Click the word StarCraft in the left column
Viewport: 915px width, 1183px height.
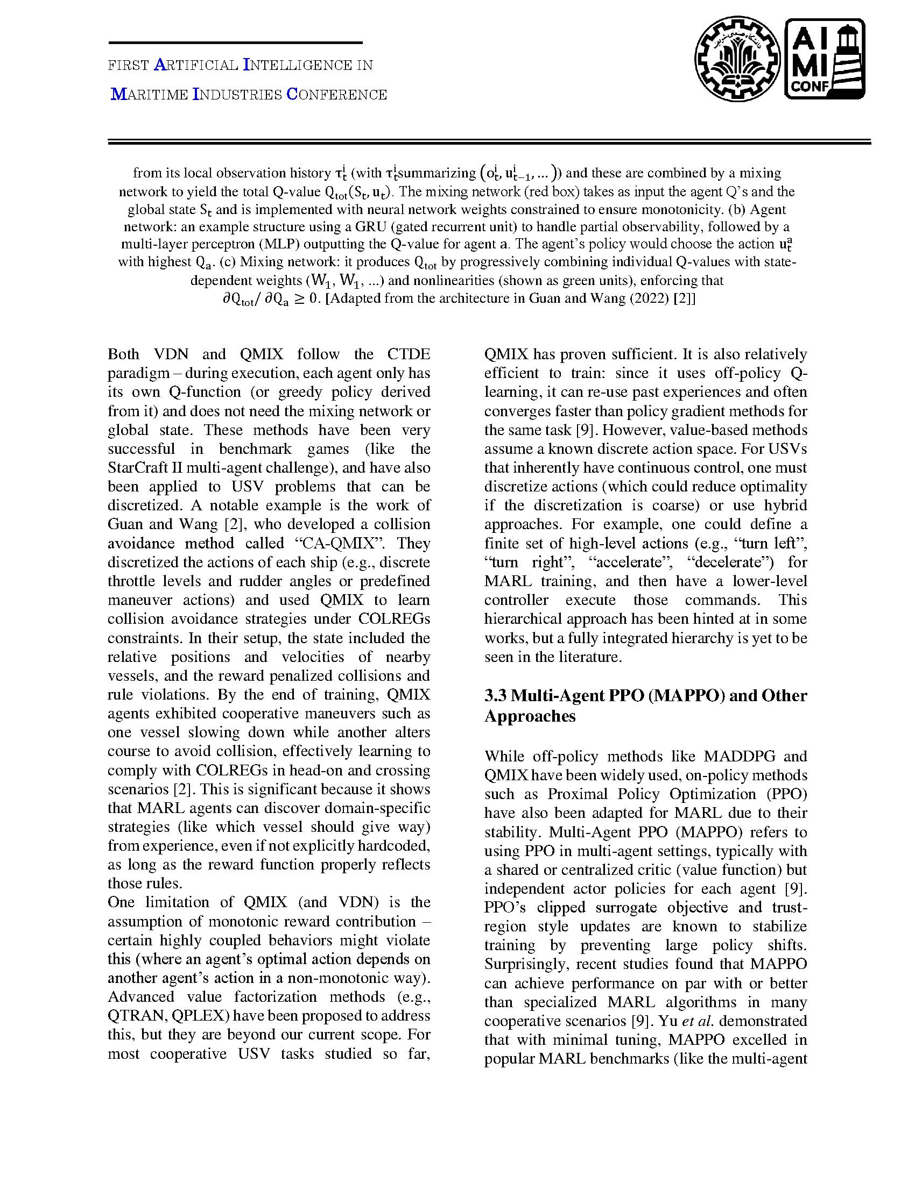click(x=133, y=467)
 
